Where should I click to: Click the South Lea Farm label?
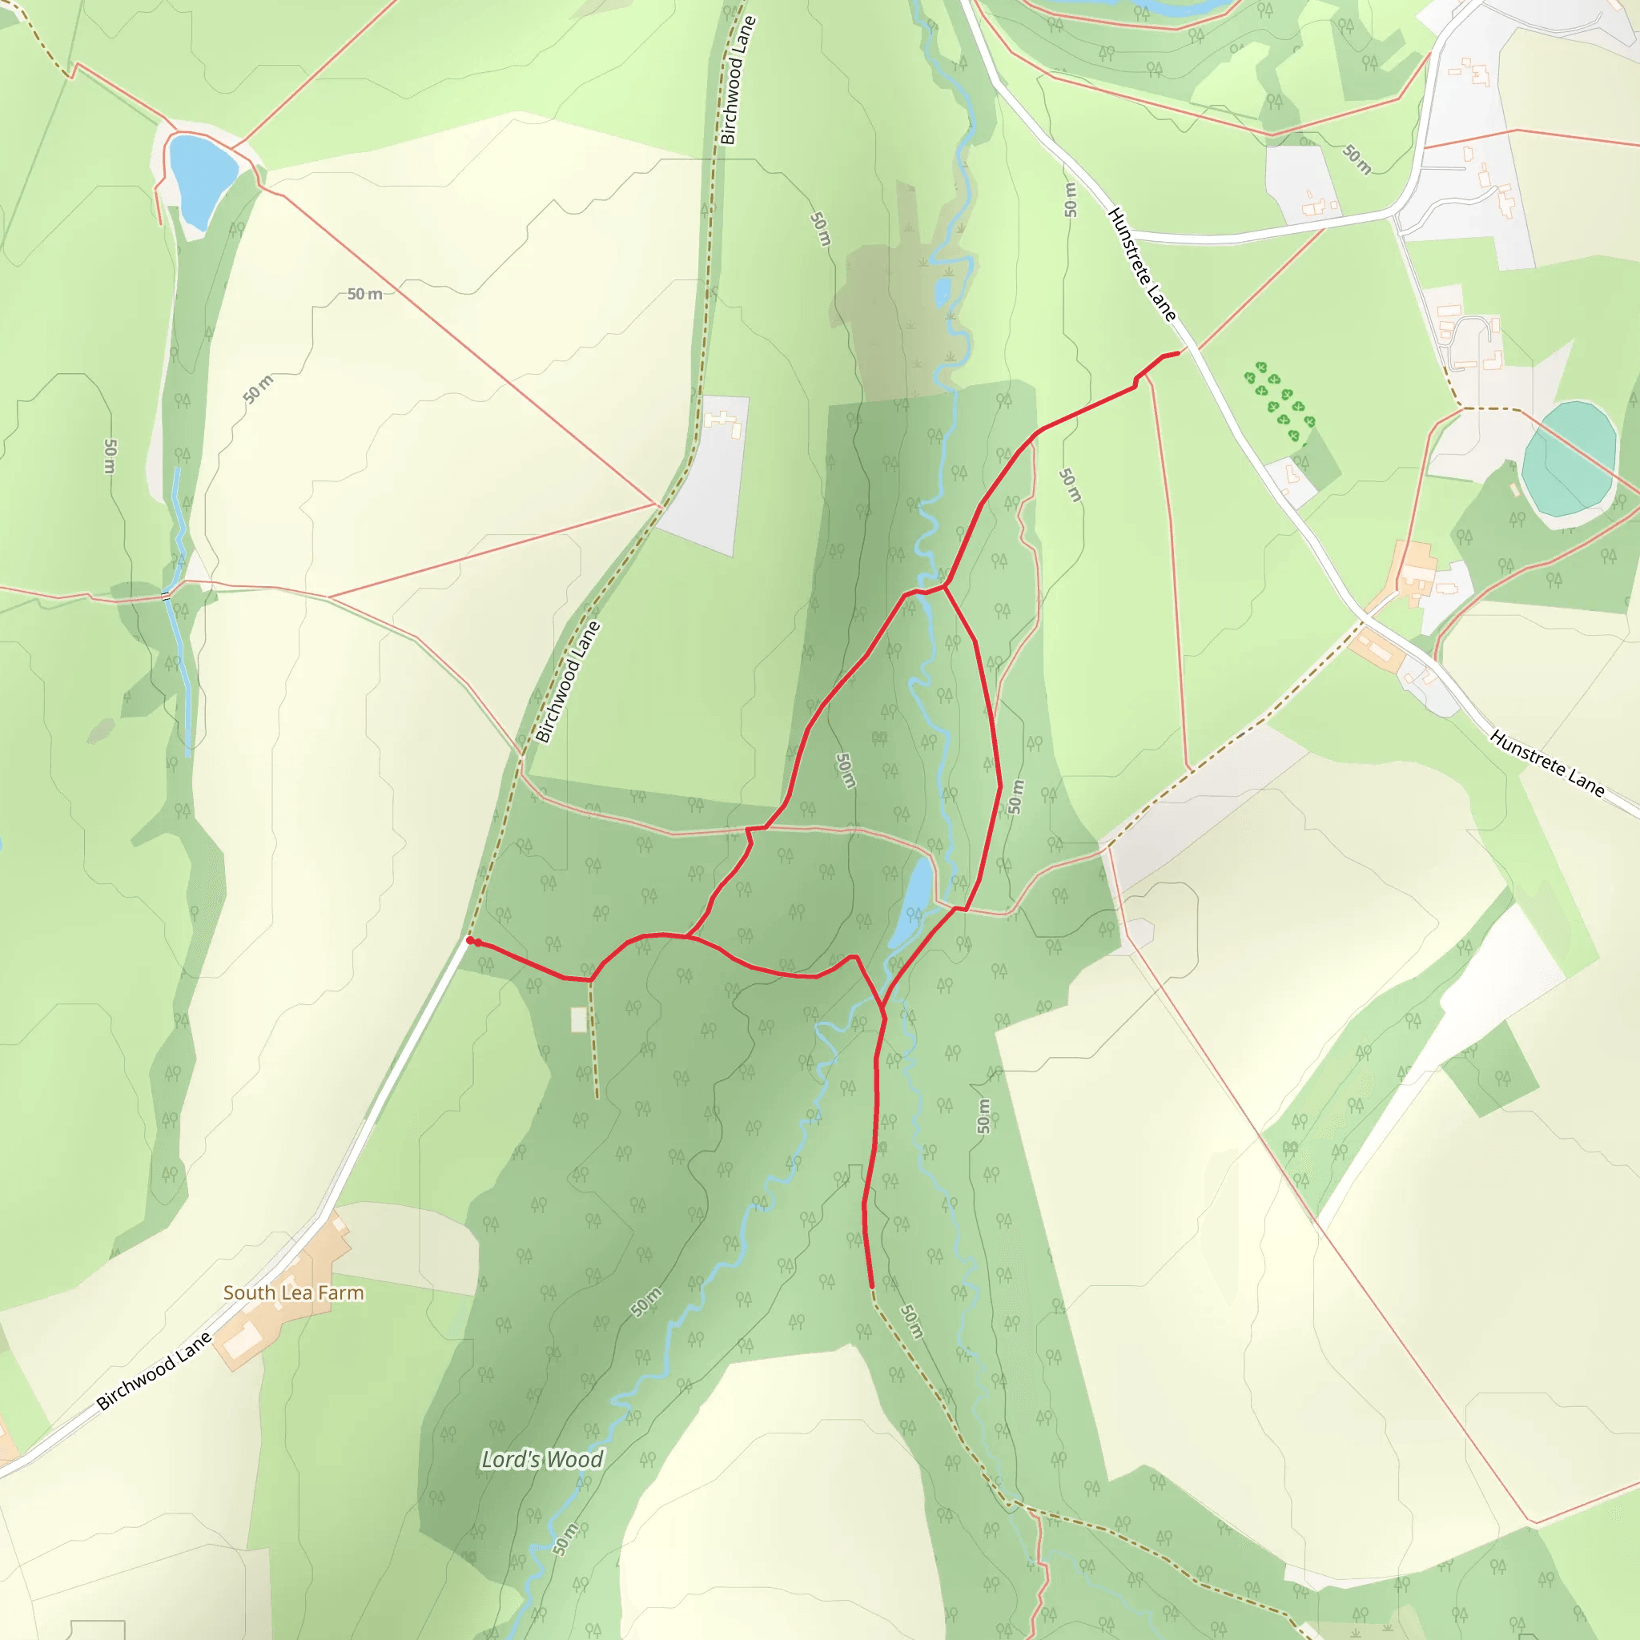(293, 1292)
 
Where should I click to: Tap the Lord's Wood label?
(541, 1459)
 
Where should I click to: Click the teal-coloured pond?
(1567, 459)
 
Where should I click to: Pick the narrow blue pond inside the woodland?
(909, 903)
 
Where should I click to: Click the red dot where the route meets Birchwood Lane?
(470, 941)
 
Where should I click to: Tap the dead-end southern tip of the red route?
(872, 1286)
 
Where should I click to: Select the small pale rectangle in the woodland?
(579, 1019)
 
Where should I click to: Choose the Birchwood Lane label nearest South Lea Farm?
(154, 1372)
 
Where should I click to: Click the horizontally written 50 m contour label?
(364, 294)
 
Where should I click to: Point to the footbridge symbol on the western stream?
(167, 596)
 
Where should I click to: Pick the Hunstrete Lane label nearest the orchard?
(1143, 264)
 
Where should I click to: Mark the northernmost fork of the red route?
(945, 585)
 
